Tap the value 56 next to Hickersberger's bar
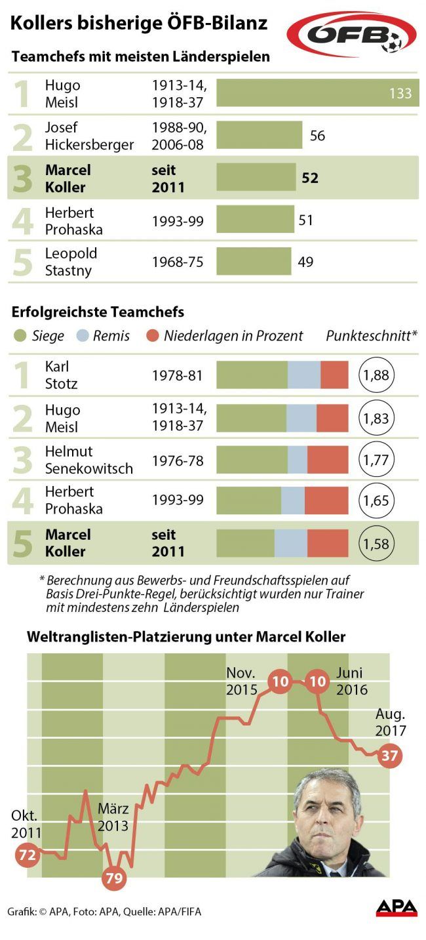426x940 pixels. pos(317,136)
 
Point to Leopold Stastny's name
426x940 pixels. pos(71,262)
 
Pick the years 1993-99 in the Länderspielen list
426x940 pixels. pos(178,221)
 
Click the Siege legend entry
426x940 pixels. pos(39,336)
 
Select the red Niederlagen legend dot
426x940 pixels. pos(153,336)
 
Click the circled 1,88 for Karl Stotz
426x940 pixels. pos(377,375)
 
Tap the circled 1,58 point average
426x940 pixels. pos(377,543)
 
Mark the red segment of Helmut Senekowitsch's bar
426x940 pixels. pos(328,459)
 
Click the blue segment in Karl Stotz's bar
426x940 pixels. pos(303,375)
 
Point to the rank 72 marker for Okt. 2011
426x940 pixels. pos(28,855)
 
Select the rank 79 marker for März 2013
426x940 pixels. pos(114,878)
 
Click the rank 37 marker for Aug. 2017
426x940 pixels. pos(390,756)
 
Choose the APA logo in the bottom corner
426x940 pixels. pos(397,908)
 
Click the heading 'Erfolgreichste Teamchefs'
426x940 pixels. pos(98,312)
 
